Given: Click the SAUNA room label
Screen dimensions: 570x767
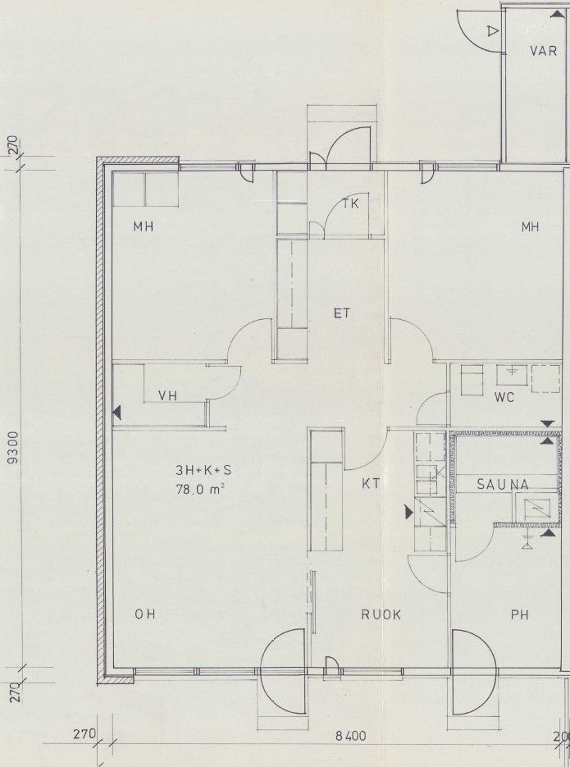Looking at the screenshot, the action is pyautogui.click(x=503, y=485).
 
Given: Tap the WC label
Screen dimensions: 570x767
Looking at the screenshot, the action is pyautogui.click(x=504, y=398).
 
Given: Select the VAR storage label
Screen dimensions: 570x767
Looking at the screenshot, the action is pyautogui.click(x=543, y=50).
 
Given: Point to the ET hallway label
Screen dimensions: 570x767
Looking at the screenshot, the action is pyautogui.click(x=342, y=313).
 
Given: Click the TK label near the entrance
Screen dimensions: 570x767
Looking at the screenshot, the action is pyautogui.click(x=350, y=203).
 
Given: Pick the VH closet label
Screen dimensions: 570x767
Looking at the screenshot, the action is pyautogui.click(x=167, y=395).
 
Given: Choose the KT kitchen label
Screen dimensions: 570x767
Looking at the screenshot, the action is pyautogui.click(x=371, y=484).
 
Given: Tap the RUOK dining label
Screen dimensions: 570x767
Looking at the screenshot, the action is pyautogui.click(x=381, y=615).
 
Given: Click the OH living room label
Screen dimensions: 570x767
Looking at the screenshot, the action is pyautogui.click(x=145, y=615).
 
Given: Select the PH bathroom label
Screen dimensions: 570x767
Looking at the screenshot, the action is pyautogui.click(x=520, y=615).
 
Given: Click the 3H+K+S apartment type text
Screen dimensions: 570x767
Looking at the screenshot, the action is pyautogui.click(x=203, y=471).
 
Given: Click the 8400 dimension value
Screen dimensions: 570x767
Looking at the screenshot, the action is pyautogui.click(x=350, y=736).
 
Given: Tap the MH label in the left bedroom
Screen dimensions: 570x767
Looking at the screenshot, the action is pyautogui.click(x=144, y=226).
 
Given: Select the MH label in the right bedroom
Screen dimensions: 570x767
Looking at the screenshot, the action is pyautogui.click(x=530, y=226).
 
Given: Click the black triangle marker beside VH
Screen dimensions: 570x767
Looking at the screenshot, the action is pyautogui.click(x=116, y=413).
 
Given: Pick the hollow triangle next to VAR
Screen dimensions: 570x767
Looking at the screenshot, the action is pyautogui.click(x=492, y=32).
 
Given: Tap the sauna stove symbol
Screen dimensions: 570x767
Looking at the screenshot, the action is pyautogui.click(x=536, y=509).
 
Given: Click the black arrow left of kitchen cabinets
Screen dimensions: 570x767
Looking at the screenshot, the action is pyautogui.click(x=408, y=512).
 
